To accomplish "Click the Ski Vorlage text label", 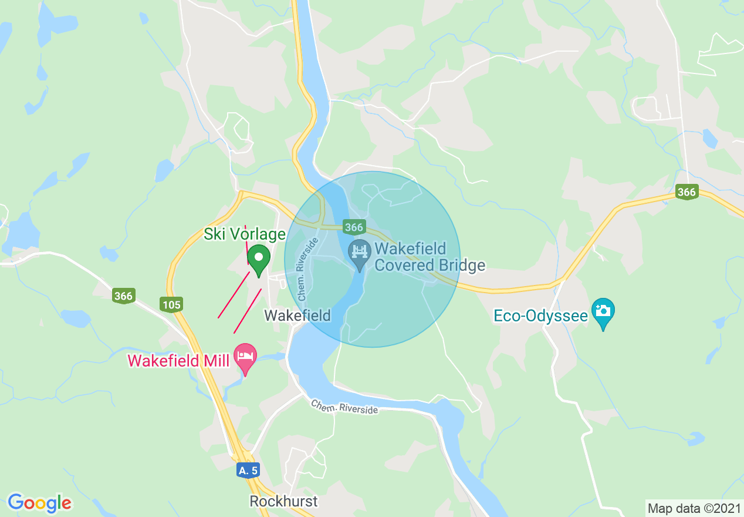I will (x=244, y=234).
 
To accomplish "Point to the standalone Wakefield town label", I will (x=297, y=315).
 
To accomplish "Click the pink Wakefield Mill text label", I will (x=178, y=361).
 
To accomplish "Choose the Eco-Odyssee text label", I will (x=540, y=316).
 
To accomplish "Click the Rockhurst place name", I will (x=283, y=501).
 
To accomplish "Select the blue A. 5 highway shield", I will (x=248, y=470).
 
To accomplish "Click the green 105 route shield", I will (x=171, y=304).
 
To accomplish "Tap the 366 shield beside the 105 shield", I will (x=124, y=296).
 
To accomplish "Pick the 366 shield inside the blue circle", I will (x=354, y=227).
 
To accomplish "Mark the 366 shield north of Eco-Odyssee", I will (x=686, y=192).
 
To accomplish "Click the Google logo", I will (x=39, y=503).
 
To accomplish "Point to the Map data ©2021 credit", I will (x=694, y=508).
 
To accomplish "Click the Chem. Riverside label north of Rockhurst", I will (x=344, y=407).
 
